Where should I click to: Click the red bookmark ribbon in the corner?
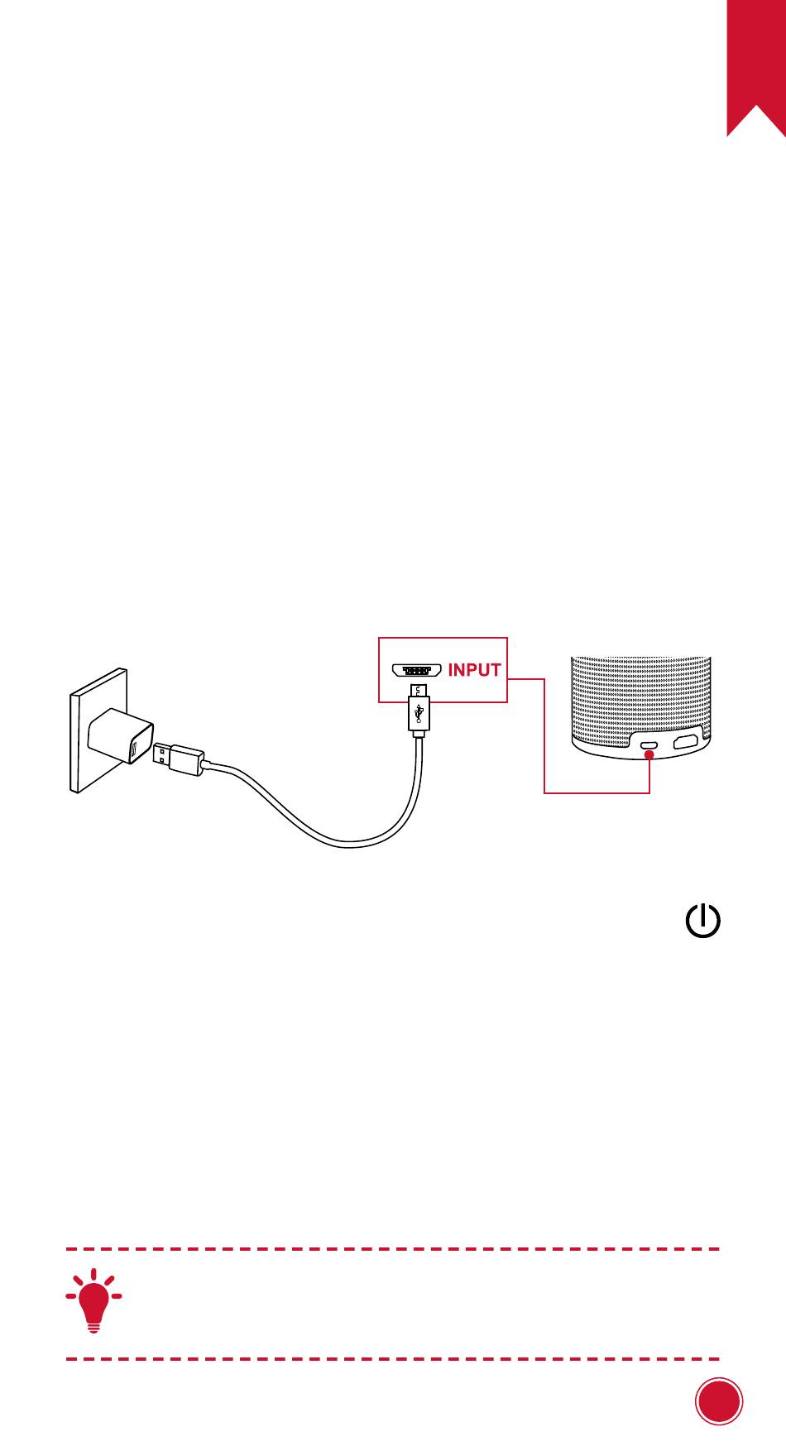756,58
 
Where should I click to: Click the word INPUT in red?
474,670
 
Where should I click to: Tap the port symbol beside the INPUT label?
416,670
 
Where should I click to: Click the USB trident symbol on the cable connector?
419,711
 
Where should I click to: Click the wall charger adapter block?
121,736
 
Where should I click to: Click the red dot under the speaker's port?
649,754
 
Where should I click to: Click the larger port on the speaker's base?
685,741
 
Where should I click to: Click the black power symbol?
702,921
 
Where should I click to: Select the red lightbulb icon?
94,1300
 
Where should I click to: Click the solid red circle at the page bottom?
718,1401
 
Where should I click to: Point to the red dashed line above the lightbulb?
392,1249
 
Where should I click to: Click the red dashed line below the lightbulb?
392,1359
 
